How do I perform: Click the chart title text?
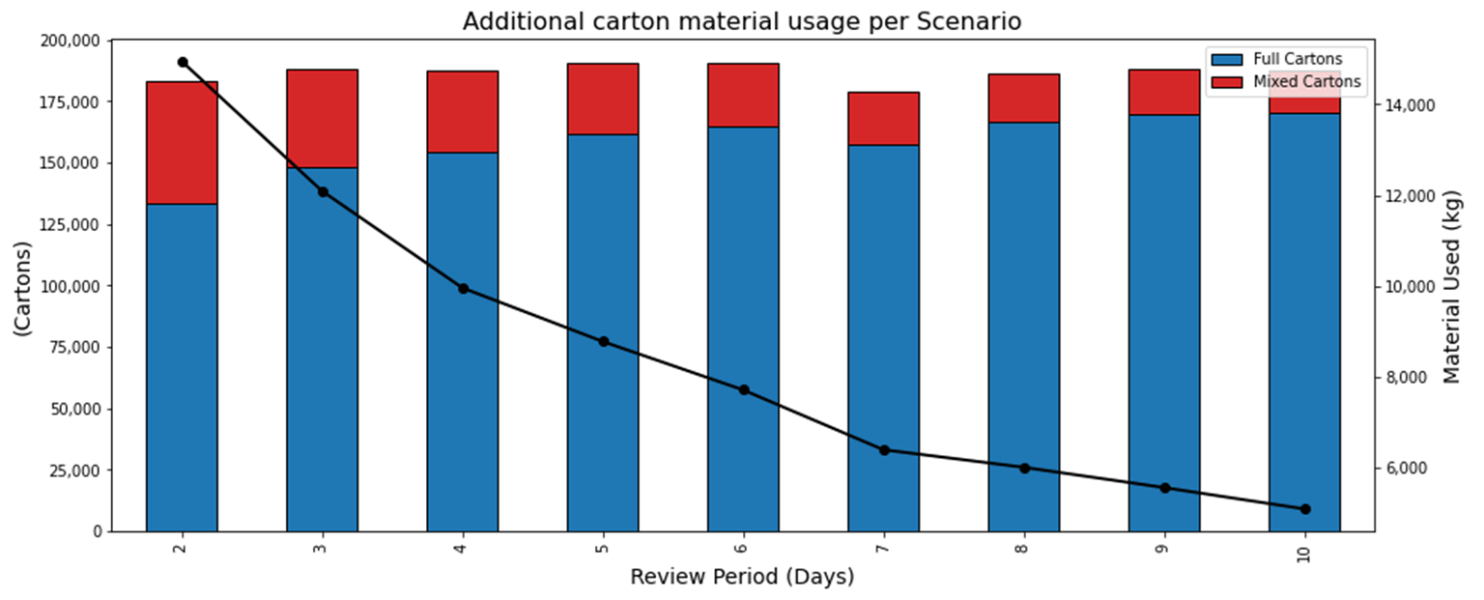[x=741, y=21]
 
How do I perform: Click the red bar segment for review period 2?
[x=182, y=143]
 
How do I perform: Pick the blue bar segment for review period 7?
[x=883, y=338]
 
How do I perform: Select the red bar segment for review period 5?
[x=603, y=99]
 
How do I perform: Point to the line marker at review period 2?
[x=183, y=63]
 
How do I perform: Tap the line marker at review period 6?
[x=744, y=390]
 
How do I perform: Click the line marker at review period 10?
[x=1305, y=509]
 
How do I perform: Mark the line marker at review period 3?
[x=323, y=192]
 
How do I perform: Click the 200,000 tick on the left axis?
[x=73, y=41]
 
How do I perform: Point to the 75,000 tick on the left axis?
[x=77, y=348]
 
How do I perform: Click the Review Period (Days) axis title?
[x=742, y=578]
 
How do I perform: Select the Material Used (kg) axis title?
[x=1452, y=286]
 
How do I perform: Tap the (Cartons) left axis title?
[x=21, y=287]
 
